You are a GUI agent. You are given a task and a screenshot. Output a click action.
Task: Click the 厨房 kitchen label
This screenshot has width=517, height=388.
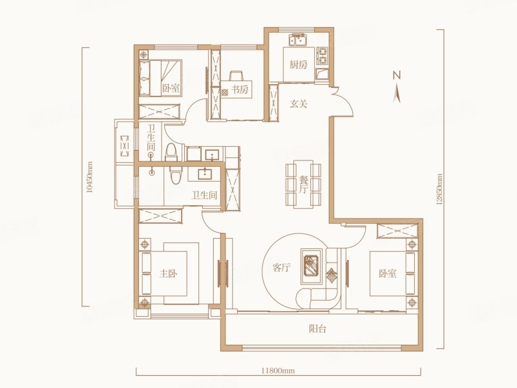(x=299, y=65)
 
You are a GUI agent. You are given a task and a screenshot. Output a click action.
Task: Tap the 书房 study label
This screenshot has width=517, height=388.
(x=239, y=90)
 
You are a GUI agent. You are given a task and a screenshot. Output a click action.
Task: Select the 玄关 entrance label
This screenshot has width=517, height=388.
(x=299, y=104)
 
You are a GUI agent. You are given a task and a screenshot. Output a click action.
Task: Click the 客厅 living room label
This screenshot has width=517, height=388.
(x=281, y=268)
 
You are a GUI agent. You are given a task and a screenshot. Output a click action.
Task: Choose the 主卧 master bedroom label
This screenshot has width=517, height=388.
(x=168, y=274)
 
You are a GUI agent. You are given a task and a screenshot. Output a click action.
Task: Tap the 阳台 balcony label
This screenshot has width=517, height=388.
(x=317, y=329)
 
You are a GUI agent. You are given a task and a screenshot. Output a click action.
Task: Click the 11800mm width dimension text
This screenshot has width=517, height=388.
(x=278, y=371)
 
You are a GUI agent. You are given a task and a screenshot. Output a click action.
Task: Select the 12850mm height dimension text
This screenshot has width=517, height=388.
(x=439, y=190)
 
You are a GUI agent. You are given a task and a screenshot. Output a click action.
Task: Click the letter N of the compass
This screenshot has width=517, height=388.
(x=397, y=76)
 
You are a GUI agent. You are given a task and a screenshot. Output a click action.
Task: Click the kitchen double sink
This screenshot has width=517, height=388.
(x=299, y=41)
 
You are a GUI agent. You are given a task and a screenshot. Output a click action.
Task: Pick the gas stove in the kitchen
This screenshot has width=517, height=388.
(x=322, y=56)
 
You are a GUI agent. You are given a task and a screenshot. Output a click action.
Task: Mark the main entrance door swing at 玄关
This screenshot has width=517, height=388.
(x=343, y=102)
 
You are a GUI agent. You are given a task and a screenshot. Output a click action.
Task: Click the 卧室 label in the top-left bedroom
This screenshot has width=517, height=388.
(x=171, y=88)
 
